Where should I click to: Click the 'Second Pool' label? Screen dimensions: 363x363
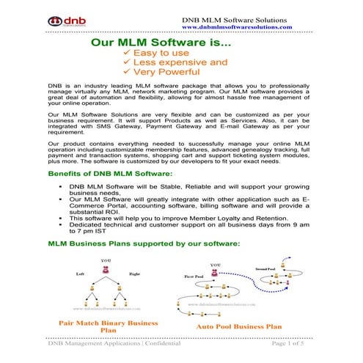265,269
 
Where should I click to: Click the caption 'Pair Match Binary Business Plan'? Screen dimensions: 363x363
102,326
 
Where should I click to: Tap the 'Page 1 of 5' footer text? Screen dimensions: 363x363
293,342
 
